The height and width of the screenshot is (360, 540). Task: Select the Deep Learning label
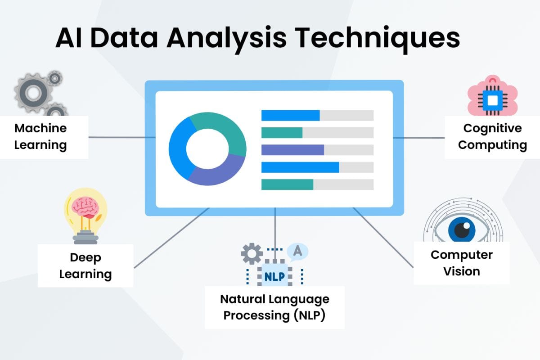click(85, 265)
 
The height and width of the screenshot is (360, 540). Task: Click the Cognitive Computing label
click(492, 136)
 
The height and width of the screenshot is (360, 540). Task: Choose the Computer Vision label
click(461, 263)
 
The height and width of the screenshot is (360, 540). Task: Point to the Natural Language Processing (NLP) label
click(274, 307)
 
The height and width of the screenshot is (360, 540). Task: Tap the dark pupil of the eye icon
click(462, 230)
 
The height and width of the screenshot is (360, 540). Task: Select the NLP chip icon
click(274, 276)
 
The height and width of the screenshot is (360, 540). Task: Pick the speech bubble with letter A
click(297, 252)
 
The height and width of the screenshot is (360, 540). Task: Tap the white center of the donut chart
click(207, 148)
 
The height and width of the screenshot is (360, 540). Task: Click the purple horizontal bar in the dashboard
click(292, 150)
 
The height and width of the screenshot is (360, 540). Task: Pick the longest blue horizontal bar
click(300, 167)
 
